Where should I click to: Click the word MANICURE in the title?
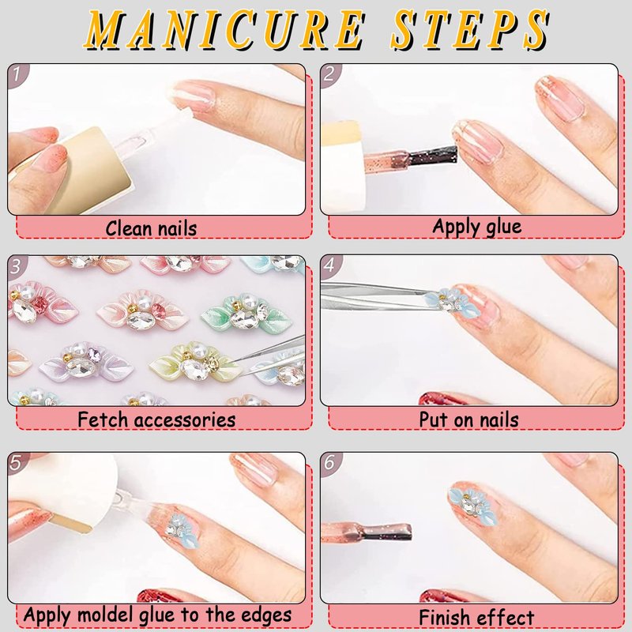tap(224, 29)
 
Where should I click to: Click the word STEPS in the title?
tap(468, 29)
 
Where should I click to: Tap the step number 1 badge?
tap(17, 74)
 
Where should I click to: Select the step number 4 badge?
tap(329, 265)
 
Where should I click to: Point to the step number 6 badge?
tap(329, 463)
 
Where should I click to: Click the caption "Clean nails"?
tap(151, 228)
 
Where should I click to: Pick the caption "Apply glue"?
tap(477, 227)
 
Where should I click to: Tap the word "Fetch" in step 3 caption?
tap(103, 419)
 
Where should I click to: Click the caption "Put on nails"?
tap(468, 419)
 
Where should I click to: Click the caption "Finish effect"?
tap(476, 617)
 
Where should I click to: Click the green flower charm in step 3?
tap(246, 313)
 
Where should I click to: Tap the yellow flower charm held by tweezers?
tap(194, 362)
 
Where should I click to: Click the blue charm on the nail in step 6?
tap(472, 506)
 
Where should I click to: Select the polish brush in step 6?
tap(367, 531)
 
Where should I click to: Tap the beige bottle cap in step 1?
tap(92, 169)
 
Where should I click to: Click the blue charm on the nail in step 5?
tap(182, 530)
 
